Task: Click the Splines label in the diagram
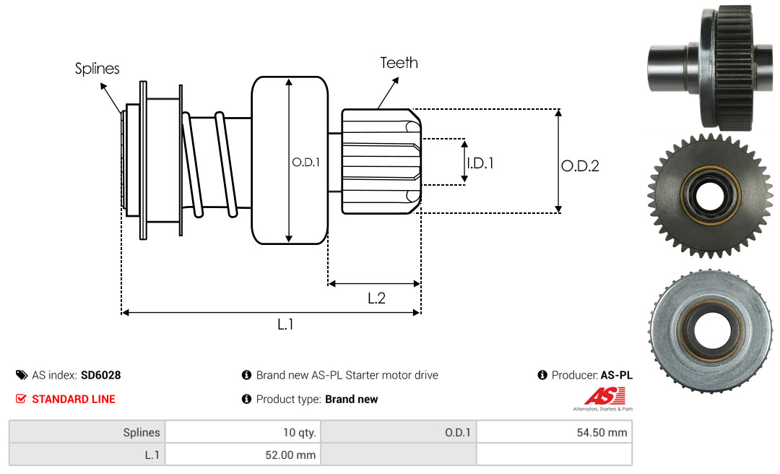coord(97,69)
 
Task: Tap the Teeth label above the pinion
coord(399,63)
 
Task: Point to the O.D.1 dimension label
coord(305,163)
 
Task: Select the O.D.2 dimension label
coord(580,165)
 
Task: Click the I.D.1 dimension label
coord(480,163)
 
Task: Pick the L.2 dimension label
coord(376,298)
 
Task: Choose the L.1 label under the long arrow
coord(286,324)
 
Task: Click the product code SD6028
coord(100,375)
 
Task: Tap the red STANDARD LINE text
coord(73,399)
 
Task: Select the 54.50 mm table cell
coord(554,432)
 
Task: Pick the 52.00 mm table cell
coord(242,454)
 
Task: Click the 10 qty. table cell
coord(242,432)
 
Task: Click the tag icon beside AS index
coord(22,375)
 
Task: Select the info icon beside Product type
coord(246,399)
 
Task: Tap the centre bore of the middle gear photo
coord(711,195)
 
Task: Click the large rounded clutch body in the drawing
coord(290,160)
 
